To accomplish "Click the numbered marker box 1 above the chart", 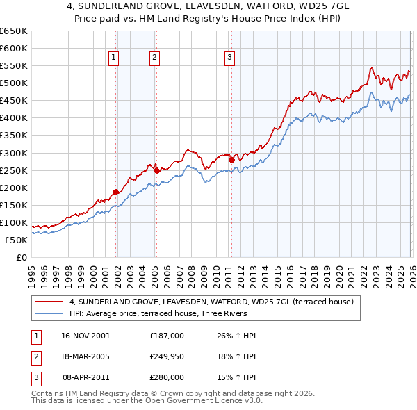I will pyautogui.click(x=113, y=58).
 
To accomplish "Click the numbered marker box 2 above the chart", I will pyautogui.click(x=154, y=58).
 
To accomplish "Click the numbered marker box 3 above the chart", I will pyautogui.click(x=229, y=58).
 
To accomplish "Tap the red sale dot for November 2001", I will pyautogui.click(x=115, y=192).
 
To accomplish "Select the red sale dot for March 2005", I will pyautogui.click(x=156, y=170).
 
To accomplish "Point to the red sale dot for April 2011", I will pyautogui.click(x=231, y=159).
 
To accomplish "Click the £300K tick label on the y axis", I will pyautogui.click(x=13, y=153).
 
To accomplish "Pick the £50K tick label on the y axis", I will pyautogui.click(x=16, y=240).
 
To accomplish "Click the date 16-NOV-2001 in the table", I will pyautogui.click(x=85, y=336).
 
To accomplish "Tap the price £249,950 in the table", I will pyautogui.click(x=166, y=356).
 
